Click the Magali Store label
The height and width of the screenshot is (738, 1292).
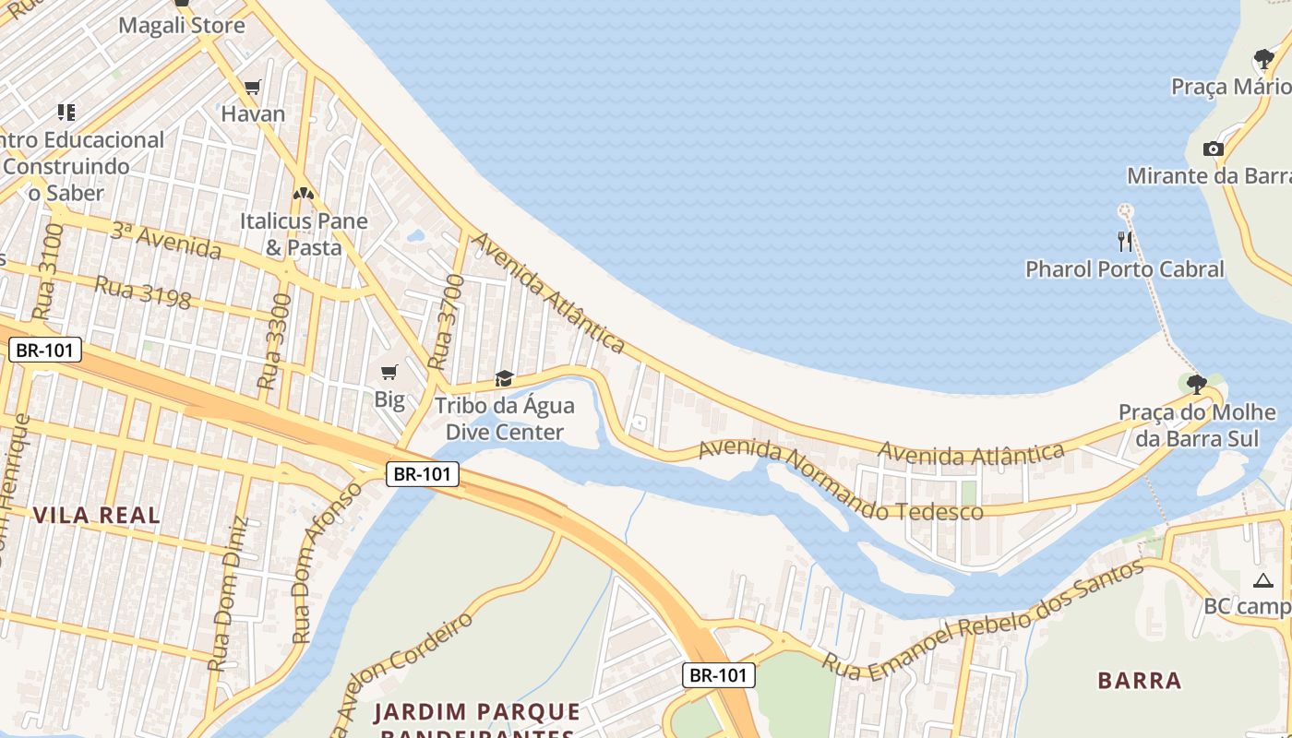[x=182, y=25]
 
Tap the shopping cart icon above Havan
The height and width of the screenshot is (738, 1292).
[x=252, y=88]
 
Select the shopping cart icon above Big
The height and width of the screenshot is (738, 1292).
[x=389, y=372]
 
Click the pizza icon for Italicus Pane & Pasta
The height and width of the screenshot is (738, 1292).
[x=303, y=194]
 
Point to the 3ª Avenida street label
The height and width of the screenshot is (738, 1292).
[x=166, y=240]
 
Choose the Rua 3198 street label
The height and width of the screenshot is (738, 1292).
[x=143, y=292]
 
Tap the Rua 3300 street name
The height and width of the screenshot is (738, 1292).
[x=274, y=340]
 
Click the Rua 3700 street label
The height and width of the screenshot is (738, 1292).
[x=445, y=322]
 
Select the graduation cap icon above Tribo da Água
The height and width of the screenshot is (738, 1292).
[x=504, y=378]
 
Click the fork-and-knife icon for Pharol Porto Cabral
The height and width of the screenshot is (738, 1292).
[x=1124, y=242]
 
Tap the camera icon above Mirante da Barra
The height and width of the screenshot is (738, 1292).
[x=1213, y=149]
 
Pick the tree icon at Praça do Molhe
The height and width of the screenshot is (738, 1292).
[x=1196, y=384]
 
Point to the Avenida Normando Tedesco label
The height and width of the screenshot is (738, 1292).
[x=840, y=482]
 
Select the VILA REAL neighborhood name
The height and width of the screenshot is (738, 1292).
[x=97, y=515]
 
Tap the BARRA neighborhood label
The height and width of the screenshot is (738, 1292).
[x=1140, y=681]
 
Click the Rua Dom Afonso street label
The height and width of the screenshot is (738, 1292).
[x=327, y=562]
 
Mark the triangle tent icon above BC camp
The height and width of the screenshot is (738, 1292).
[x=1262, y=580]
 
